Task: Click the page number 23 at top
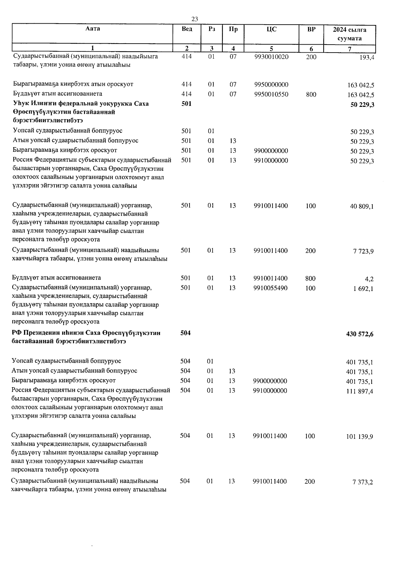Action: pos(195,19)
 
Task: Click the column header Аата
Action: pos(92,29)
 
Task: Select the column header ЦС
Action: pos(272,30)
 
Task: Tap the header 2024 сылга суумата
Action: pos(349,34)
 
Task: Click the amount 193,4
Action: pos(367,57)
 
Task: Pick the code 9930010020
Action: pos(271,57)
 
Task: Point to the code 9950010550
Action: pos(271,94)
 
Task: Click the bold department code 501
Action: pos(187,104)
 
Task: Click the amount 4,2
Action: pos(369,279)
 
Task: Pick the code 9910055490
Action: pos(270,288)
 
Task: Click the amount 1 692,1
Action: pos(363,289)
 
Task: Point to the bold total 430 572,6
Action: pos(360,334)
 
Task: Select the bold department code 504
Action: pos(185,333)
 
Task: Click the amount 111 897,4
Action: pos(360,391)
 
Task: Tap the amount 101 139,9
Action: pos(360,436)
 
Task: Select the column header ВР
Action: pos(311,30)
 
